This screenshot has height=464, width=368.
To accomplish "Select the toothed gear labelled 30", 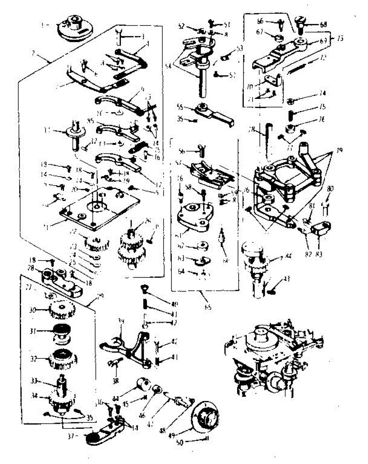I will (x=61, y=309).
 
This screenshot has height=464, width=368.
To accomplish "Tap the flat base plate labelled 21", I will (x=99, y=209).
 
